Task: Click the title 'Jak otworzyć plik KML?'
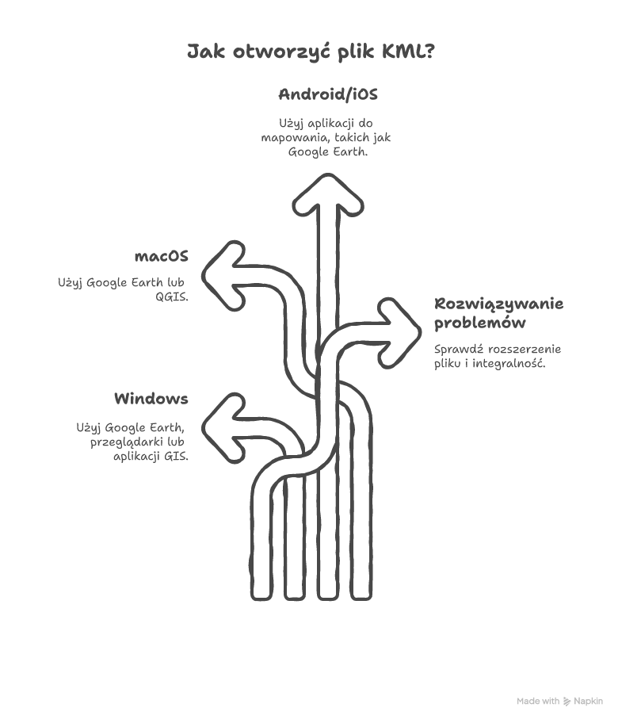pyautogui.click(x=311, y=51)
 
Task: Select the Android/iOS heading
pyautogui.click(x=328, y=94)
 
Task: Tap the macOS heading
pyautogui.click(x=162, y=256)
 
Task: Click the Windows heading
pyautogui.click(x=151, y=399)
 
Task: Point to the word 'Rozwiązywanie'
pyautogui.click(x=499, y=304)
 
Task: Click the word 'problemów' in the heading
pyautogui.click(x=479, y=323)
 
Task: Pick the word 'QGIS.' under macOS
pyautogui.click(x=172, y=296)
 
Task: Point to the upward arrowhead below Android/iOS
pyautogui.click(x=328, y=196)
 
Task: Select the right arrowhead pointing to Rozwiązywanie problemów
pyautogui.click(x=399, y=333)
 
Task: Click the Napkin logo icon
pyautogui.click(x=567, y=702)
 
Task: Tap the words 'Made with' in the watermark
pyautogui.click(x=538, y=702)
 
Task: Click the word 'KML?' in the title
pyautogui.click(x=408, y=51)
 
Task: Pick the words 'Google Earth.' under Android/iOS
pyautogui.click(x=327, y=151)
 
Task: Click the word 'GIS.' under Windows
pyautogui.click(x=176, y=457)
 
